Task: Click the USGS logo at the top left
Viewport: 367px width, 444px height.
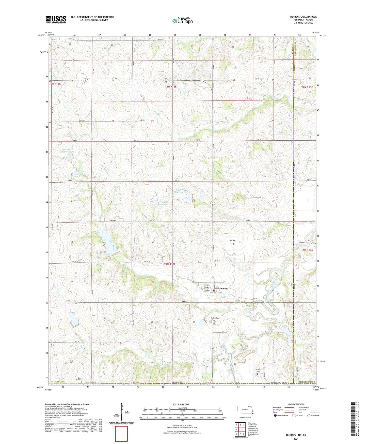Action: point(56,20)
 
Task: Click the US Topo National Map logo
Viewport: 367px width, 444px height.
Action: point(182,21)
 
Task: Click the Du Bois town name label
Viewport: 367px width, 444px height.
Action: point(224,289)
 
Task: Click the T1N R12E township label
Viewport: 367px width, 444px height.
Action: point(170,264)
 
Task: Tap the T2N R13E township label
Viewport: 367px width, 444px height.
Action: point(307,87)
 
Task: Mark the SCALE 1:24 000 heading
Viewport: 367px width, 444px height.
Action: point(181,404)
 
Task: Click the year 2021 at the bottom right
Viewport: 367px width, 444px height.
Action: point(296,439)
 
